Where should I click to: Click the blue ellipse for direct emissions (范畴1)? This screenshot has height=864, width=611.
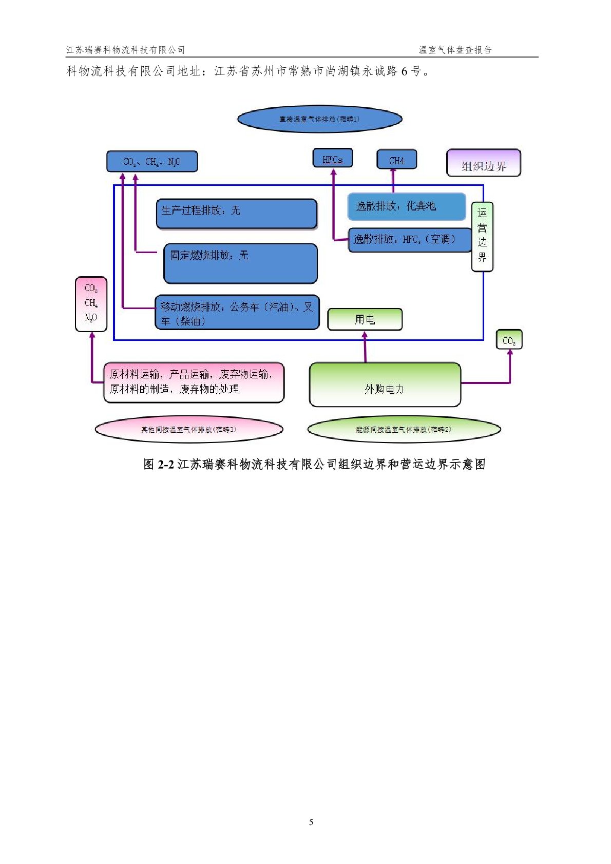pyautogui.click(x=319, y=119)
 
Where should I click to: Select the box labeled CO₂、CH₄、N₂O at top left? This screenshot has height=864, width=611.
pyautogui.click(x=152, y=162)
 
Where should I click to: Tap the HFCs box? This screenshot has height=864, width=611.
pyautogui.click(x=333, y=159)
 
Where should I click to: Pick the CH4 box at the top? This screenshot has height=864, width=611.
pyautogui.click(x=396, y=160)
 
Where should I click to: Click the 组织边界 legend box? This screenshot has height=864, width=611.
pyautogui.click(x=484, y=164)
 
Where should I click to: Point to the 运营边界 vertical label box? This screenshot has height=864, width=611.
pyautogui.click(x=482, y=236)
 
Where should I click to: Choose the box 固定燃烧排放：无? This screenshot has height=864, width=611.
pyautogui.click(x=240, y=263)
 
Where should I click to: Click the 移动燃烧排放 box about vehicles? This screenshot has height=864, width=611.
pyautogui.click(x=237, y=313)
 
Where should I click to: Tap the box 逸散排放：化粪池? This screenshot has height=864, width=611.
pyautogui.click(x=407, y=206)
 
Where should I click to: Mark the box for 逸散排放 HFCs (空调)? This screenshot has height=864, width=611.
pyautogui.click(x=409, y=240)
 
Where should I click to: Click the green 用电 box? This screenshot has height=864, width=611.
pyautogui.click(x=365, y=319)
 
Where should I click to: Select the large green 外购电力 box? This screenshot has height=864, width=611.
pyautogui.click(x=385, y=385)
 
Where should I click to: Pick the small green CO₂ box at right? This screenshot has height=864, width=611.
pyautogui.click(x=509, y=340)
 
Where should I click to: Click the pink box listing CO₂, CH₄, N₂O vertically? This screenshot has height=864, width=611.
pyautogui.click(x=91, y=304)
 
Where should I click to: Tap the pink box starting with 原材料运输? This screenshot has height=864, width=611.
pyautogui.click(x=194, y=382)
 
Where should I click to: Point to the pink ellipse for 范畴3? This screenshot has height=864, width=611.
pyautogui.click(x=189, y=430)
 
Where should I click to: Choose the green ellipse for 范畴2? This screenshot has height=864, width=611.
pyautogui.click(x=404, y=430)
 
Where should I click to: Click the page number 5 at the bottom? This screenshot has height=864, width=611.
pyautogui.click(x=311, y=822)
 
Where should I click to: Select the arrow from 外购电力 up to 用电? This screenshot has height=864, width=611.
pyautogui.click(x=365, y=347)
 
